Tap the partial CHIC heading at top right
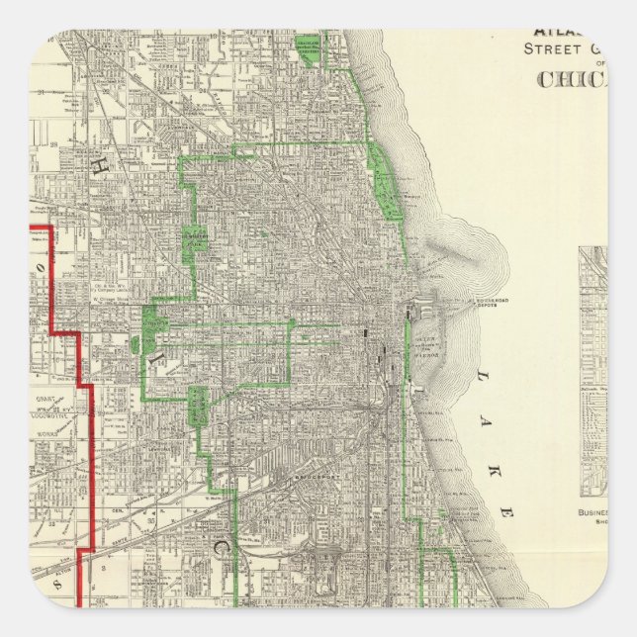[572, 79]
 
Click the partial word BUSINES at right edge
[591, 513]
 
